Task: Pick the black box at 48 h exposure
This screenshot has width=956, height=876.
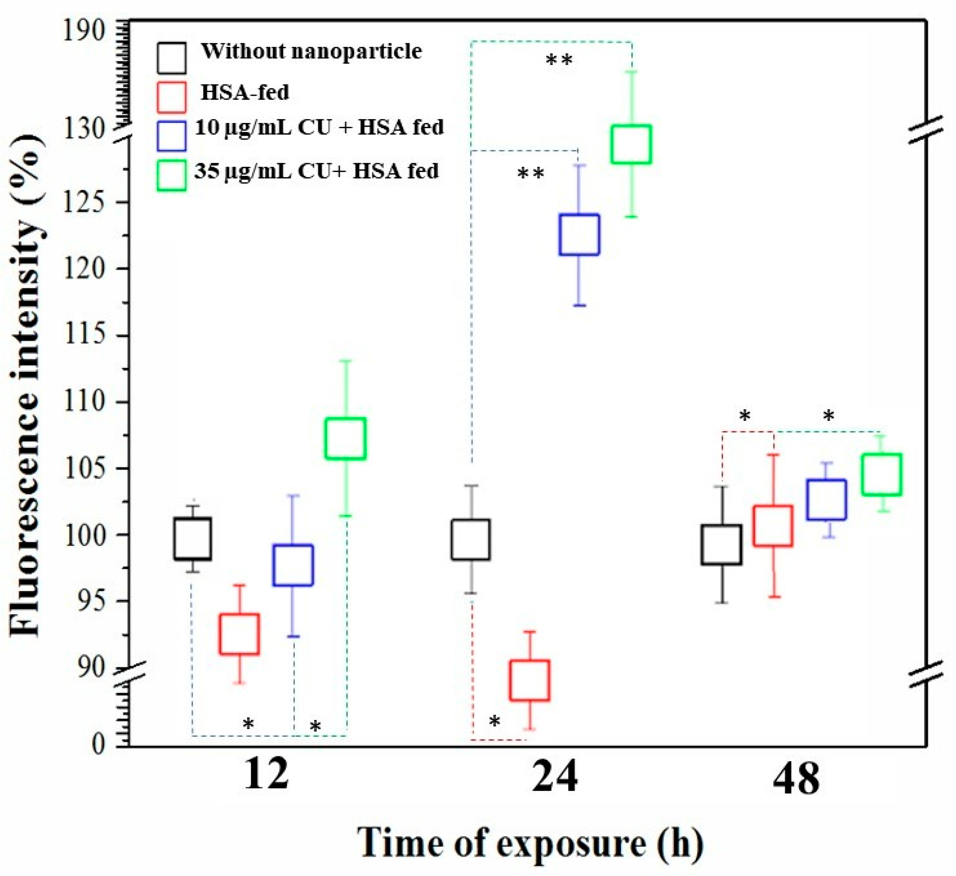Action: tap(722, 545)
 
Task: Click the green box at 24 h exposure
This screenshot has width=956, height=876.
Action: tap(631, 144)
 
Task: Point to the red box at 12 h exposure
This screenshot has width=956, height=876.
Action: tap(239, 634)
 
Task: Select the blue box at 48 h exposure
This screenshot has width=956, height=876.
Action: tap(827, 499)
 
